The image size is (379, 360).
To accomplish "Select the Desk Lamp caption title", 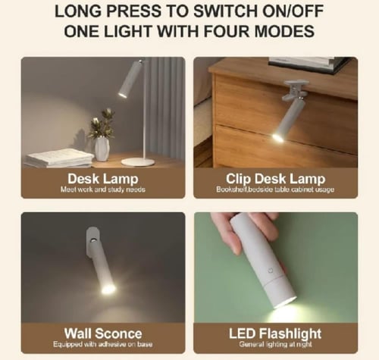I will click(x=103, y=178).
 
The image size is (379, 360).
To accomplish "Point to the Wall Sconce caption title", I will click(x=102, y=333).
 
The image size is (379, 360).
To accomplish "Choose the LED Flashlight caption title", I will click(x=274, y=333).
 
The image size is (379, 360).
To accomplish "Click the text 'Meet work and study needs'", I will click(x=103, y=189).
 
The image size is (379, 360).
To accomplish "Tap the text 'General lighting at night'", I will click(x=274, y=343).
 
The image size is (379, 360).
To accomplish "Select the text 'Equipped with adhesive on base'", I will click(x=103, y=343).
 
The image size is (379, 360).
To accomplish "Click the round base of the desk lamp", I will click(x=138, y=161).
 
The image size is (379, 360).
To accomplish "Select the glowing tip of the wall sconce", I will click(x=108, y=289).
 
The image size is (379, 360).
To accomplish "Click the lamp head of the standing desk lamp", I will click(x=130, y=80).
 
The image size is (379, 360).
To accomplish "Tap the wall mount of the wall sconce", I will click(x=92, y=239).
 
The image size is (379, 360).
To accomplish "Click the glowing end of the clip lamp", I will click(x=278, y=136).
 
